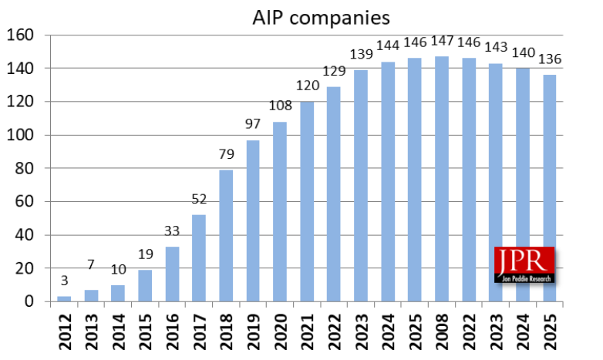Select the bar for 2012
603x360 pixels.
64,299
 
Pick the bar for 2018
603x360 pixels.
227,235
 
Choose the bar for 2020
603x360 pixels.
281,211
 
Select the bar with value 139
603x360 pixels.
362,185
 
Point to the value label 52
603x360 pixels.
199,200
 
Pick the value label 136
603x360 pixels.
549,59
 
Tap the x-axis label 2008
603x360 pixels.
442,331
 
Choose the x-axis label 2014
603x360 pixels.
119,331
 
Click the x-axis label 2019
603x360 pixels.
254,331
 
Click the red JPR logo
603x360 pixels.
524,264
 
